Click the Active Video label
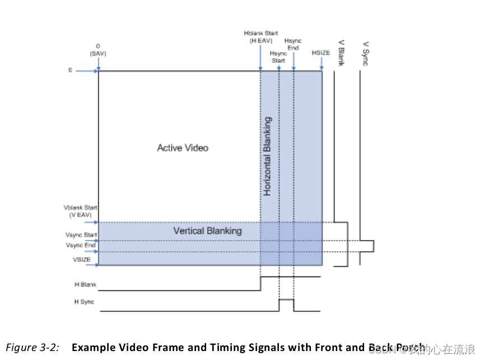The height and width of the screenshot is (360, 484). [x=182, y=148]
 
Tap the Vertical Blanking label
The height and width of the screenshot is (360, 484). [x=207, y=230]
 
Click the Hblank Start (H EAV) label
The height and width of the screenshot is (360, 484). [x=260, y=37]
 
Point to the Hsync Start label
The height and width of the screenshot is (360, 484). [x=278, y=57]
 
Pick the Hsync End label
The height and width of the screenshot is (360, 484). [x=293, y=44]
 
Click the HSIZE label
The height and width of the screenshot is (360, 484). [x=321, y=53]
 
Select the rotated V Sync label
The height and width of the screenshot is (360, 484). [x=365, y=53]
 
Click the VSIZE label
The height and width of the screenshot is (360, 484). [x=83, y=260]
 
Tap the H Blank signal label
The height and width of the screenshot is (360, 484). [x=85, y=285]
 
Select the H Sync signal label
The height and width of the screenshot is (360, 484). [x=84, y=302]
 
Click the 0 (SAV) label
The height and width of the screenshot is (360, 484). [x=98, y=50]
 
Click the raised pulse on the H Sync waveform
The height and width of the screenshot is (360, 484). [x=286, y=300]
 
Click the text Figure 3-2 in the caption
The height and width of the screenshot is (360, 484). [x=32, y=347]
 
